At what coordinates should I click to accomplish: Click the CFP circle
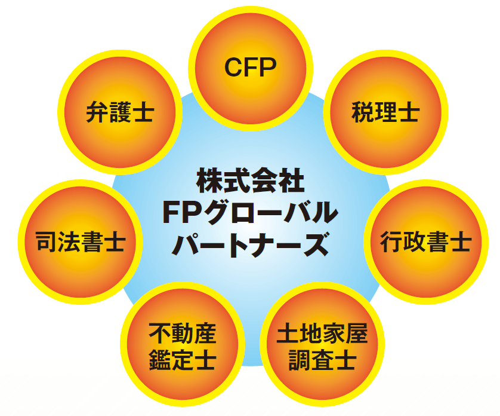click(251, 67)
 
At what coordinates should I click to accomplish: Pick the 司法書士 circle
click(80, 242)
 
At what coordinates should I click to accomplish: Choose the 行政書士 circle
click(425, 242)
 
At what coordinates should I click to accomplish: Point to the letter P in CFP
click(268, 68)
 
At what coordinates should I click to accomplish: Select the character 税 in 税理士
click(362, 112)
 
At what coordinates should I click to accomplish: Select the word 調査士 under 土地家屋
click(322, 360)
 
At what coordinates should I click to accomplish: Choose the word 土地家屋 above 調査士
click(322, 333)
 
